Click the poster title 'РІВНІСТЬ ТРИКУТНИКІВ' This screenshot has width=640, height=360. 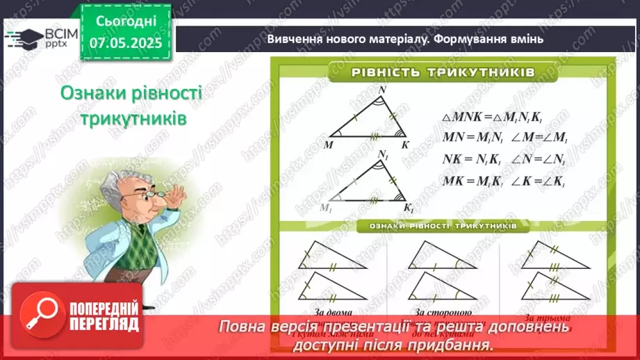click(x=442, y=72)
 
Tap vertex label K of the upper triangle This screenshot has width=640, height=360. click(x=404, y=144)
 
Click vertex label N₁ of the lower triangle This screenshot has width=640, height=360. click(x=383, y=154)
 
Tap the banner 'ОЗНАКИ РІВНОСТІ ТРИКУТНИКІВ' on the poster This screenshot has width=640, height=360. click(x=443, y=226)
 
